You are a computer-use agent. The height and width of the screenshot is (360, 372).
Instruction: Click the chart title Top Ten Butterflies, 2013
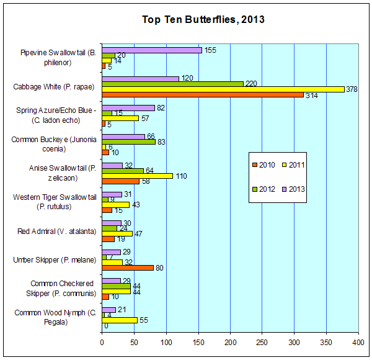[x=203, y=19]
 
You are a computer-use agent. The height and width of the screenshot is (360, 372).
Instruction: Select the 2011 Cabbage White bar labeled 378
[x=223, y=89]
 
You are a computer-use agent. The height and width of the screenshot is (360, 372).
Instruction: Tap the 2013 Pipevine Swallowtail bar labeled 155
[x=152, y=50]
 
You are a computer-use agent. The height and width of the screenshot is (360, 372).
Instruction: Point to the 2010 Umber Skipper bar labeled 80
[x=128, y=268]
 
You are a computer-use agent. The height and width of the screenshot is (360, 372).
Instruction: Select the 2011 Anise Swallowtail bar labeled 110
[x=137, y=176]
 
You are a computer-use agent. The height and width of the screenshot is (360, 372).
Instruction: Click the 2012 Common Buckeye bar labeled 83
[x=128, y=142]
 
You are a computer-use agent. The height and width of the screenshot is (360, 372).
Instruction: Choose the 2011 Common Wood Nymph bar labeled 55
[x=120, y=320]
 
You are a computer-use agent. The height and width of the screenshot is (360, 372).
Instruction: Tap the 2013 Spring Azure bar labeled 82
[x=128, y=108]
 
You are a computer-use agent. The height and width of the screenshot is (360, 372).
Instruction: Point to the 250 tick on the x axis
[x=262, y=342]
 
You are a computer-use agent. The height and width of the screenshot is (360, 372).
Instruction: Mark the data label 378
[x=352, y=89]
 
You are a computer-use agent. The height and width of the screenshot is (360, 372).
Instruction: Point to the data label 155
[x=211, y=50]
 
